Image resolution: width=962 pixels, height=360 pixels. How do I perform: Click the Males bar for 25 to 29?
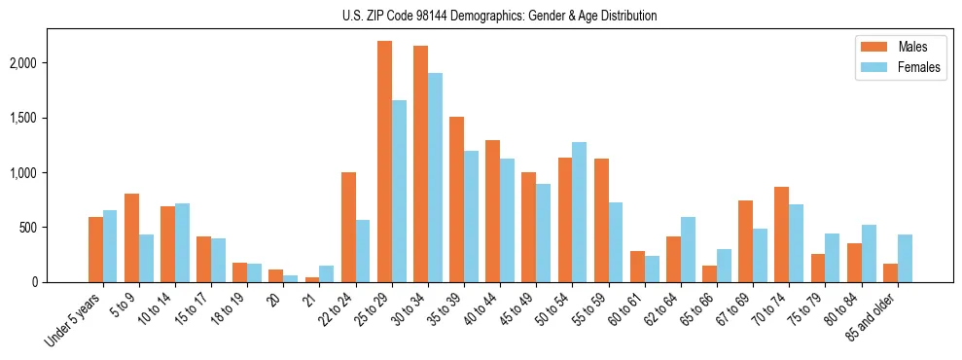pos(384,162)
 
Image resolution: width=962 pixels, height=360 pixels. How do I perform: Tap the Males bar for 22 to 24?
pos(348,227)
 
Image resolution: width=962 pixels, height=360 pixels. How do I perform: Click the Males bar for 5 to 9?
pos(131,238)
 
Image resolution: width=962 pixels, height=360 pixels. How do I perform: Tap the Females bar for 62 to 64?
pos(688,249)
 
